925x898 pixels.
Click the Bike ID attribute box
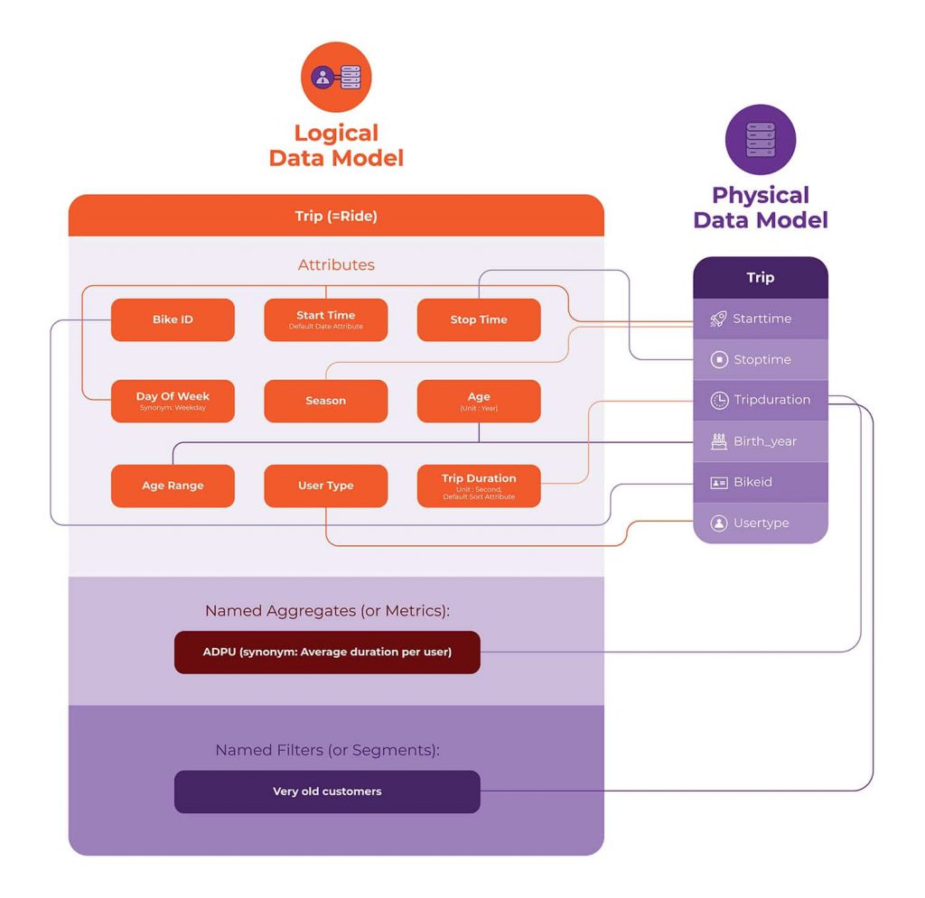173,319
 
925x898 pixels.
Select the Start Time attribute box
325,319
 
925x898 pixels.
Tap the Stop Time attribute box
479,319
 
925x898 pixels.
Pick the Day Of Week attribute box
173,401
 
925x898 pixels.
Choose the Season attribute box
325,401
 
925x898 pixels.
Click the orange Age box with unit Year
479,401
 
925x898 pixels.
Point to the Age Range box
173,486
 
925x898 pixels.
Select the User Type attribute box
325,486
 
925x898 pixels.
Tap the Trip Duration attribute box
479,486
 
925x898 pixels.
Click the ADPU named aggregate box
326,652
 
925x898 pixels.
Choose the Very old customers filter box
326,792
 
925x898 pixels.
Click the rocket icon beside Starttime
718,319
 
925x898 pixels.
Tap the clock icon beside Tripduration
719,400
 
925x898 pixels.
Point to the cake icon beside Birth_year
719,441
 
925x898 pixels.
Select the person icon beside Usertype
719,523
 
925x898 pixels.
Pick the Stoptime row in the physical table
761,359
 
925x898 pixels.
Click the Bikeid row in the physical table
761,482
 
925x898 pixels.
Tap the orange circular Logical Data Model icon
336,77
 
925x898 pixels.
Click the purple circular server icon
761,139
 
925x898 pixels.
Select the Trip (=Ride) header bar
336,216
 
